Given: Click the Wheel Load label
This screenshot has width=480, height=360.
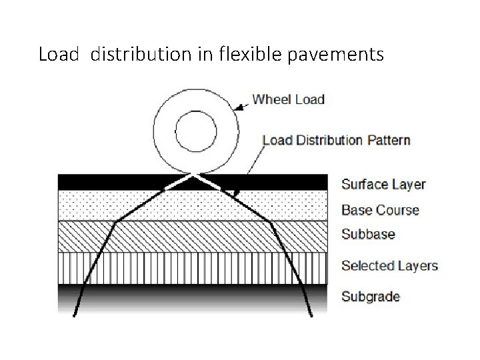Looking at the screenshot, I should (288, 100).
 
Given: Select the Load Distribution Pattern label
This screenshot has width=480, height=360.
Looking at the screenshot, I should (336, 140).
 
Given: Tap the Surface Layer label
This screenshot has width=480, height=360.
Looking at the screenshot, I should (383, 185).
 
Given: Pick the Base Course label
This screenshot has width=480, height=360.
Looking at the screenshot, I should (380, 210).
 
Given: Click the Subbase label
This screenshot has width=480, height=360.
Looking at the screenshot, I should (368, 234).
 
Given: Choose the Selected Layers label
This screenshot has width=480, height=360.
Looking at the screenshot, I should (389, 265).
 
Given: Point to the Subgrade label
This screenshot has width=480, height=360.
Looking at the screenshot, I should (370, 296).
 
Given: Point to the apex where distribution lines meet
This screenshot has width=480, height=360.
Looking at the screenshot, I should (194, 175).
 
